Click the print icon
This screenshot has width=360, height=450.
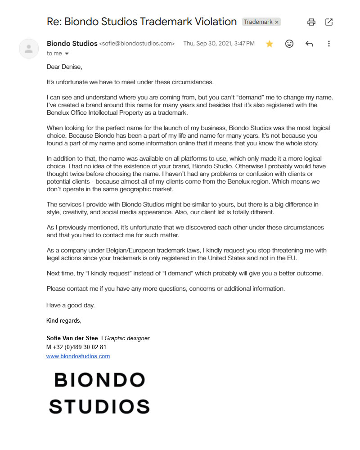coord(311,22)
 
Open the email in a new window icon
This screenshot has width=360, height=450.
coord(329,22)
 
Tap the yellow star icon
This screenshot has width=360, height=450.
coord(270,44)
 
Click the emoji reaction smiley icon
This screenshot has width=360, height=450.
coord(289,44)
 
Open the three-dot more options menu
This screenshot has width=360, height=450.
coord(329,44)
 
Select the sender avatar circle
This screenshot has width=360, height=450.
coord(29,49)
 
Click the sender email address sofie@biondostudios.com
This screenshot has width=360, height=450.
coord(137,44)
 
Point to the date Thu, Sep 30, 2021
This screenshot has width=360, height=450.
coord(207,44)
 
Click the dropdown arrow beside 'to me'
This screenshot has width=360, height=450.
coord(67,54)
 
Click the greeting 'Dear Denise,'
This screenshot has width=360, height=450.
coord(65,67)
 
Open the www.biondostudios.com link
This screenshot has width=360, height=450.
coord(78,356)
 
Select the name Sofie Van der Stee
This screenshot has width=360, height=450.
coord(72,338)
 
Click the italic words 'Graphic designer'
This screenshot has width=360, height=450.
coord(127,338)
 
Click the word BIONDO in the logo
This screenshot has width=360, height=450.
coord(99,380)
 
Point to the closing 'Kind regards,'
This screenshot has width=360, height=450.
coord(64,321)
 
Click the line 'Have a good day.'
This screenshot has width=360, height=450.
coord(71,305)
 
